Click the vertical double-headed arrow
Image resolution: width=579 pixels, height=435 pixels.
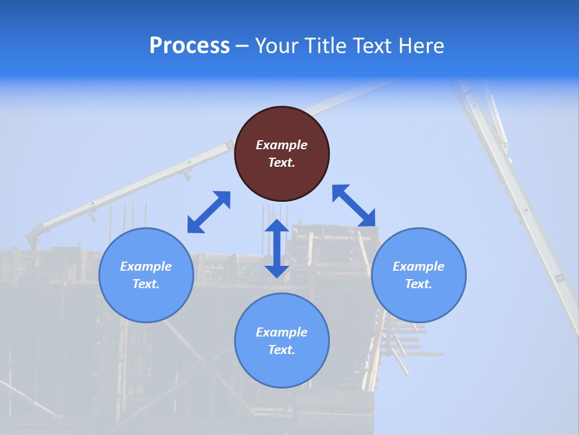tap(277, 249)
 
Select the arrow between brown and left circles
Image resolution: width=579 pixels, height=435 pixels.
tap(209, 212)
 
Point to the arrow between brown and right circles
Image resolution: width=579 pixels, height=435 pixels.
tap(354, 205)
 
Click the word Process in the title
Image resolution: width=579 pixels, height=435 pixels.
tap(189, 45)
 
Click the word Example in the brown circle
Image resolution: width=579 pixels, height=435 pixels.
tap(282, 145)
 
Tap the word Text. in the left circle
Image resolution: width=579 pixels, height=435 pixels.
tap(146, 284)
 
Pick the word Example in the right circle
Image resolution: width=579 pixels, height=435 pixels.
tap(419, 266)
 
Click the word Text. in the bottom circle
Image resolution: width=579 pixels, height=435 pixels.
tap(282, 350)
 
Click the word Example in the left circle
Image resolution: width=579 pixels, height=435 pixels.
tap(146, 266)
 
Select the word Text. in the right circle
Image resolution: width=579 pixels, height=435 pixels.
tap(419, 284)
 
